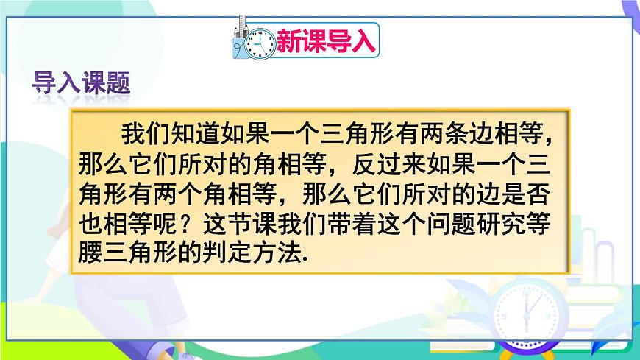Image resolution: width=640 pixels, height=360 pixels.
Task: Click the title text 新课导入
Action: (326, 40)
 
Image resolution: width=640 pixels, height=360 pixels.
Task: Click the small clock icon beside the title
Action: (259, 43)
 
